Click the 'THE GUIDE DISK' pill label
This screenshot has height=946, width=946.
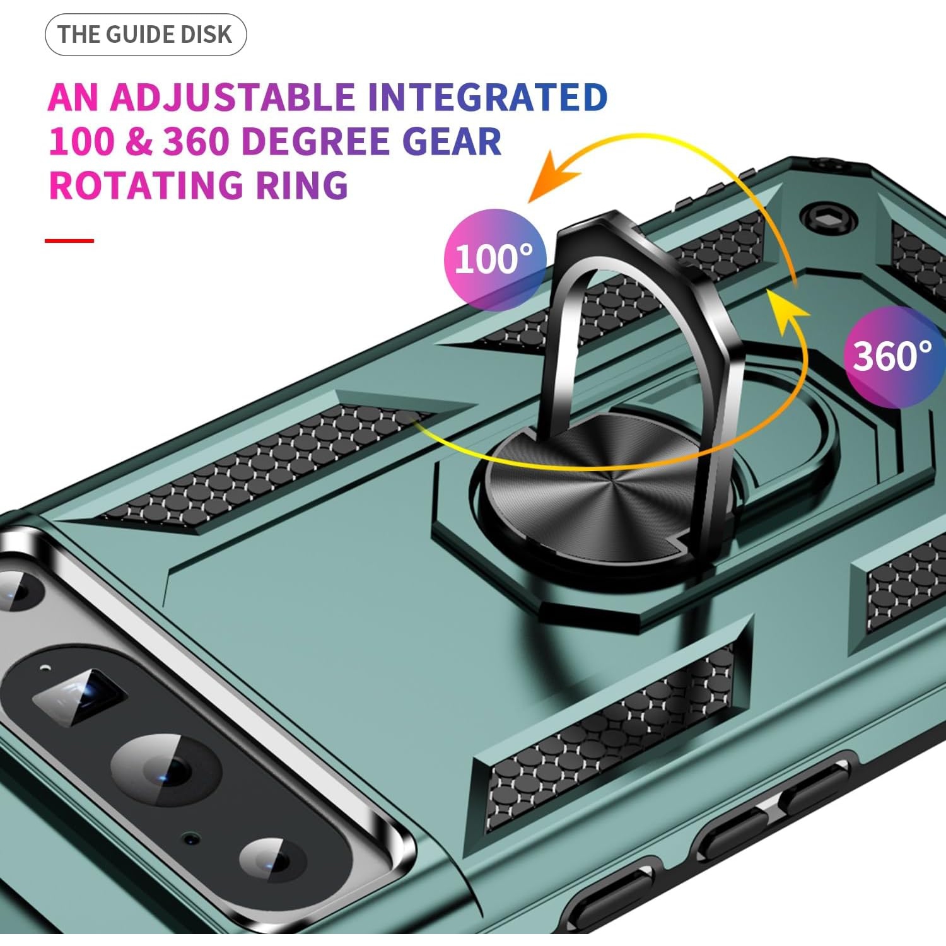click(x=145, y=35)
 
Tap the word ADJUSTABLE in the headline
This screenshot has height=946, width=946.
click(x=232, y=98)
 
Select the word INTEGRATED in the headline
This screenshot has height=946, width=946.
click(x=487, y=98)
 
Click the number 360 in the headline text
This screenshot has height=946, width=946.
click(x=196, y=142)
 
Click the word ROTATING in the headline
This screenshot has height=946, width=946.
click(x=145, y=185)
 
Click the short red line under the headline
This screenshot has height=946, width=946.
click(x=69, y=240)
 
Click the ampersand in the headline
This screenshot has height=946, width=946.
click(x=139, y=142)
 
